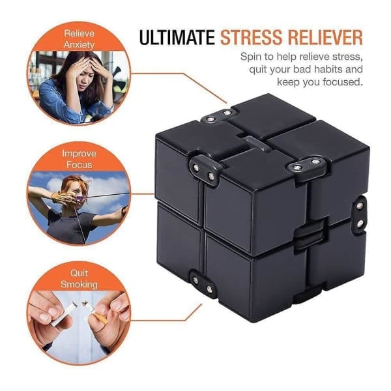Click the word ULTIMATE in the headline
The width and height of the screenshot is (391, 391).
177,37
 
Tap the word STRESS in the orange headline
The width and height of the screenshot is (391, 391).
252,37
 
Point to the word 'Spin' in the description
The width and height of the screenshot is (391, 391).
251,57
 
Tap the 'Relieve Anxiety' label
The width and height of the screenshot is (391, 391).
79,39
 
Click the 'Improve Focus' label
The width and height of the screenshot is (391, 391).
79,159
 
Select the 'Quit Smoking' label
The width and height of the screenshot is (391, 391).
79,278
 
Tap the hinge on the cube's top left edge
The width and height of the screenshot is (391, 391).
205,170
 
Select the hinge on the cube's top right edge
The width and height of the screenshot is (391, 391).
306,165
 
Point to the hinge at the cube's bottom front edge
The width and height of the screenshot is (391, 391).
203,285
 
